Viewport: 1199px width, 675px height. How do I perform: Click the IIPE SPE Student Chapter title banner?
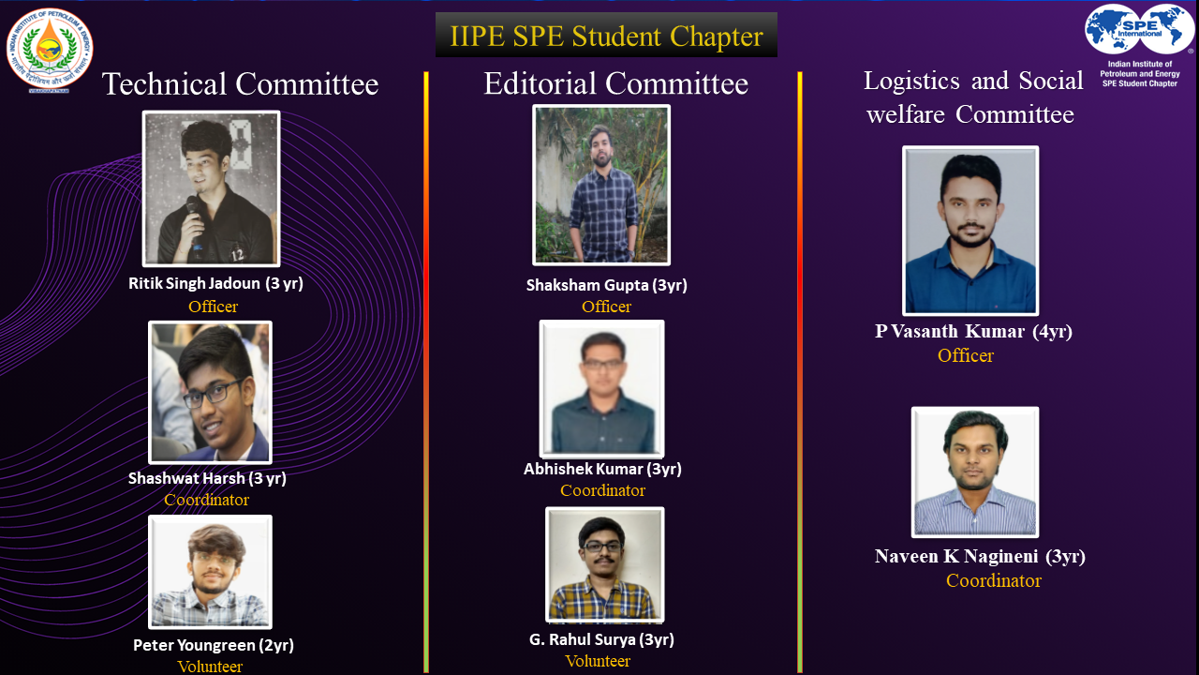pyautogui.click(x=606, y=35)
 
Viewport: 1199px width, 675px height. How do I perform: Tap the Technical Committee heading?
pyautogui.click(x=241, y=84)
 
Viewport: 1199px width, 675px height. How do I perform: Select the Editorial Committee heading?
pyautogui.click(x=616, y=83)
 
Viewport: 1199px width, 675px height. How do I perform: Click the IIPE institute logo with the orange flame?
pyautogui.click(x=50, y=51)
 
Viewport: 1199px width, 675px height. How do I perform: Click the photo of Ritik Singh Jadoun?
pyautogui.click(x=212, y=188)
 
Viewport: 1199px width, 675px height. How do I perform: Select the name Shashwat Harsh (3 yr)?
pyautogui.click(x=207, y=478)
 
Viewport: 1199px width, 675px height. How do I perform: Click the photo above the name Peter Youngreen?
pyautogui.click(x=211, y=572)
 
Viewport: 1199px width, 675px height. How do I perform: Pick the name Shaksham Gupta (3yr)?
pyautogui.click(x=606, y=286)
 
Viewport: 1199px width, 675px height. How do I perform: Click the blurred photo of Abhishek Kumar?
pyautogui.click(x=602, y=389)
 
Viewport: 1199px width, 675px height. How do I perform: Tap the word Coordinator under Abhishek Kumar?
pyautogui.click(x=602, y=490)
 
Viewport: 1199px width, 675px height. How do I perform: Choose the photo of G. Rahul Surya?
pyautogui.click(x=605, y=564)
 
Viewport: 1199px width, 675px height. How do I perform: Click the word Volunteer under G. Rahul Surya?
pyautogui.click(x=598, y=661)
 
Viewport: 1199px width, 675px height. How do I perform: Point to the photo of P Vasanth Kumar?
pyautogui.click(x=970, y=231)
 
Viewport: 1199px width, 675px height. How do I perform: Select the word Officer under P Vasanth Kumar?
pyautogui.click(x=966, y=355)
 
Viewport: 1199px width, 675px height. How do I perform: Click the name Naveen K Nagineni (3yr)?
pyautogui.click(x=980, y=557)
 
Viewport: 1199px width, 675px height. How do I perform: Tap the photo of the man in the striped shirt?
pyautogui.click(x=975, y=472)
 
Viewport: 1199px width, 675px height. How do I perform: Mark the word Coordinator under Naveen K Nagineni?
pyautogui.click(x=994, y=580)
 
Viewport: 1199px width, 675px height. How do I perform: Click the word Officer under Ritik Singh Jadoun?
pyautogui.click(x=213, y=307)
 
